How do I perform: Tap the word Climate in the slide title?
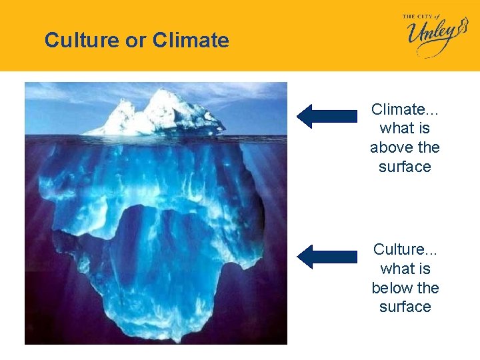pos(191,41)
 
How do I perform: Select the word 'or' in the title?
pos(136,41)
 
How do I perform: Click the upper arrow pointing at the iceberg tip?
pos(326,116)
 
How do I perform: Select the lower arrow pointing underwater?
pos(326,257)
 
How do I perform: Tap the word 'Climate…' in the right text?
pos(405,109)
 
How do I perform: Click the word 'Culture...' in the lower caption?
pos(405,249)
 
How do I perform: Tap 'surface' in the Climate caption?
pos(405,167)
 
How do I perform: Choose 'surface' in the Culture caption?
pos(405,307)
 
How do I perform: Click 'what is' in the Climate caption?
pos(405,128)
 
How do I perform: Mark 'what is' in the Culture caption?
pos(405,269)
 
